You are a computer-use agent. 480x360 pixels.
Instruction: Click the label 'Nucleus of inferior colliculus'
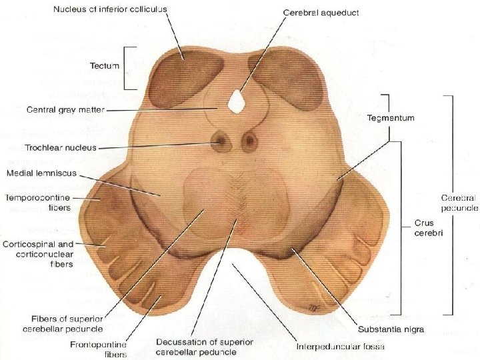coord(111,9)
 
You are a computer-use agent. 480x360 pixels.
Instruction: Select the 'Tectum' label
coord(105,65)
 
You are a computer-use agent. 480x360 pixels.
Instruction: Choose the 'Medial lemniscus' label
coord(42,173)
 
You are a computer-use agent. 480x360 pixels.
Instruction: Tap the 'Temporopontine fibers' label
coord(38,203)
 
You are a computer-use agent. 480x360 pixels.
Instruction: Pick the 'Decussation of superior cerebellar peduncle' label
coord(205,347)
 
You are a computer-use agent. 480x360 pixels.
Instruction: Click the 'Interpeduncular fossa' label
coord(341,347)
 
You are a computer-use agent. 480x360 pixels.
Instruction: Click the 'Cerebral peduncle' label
coord(459,203)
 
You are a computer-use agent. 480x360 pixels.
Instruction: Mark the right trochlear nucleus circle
coord(249,141)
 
